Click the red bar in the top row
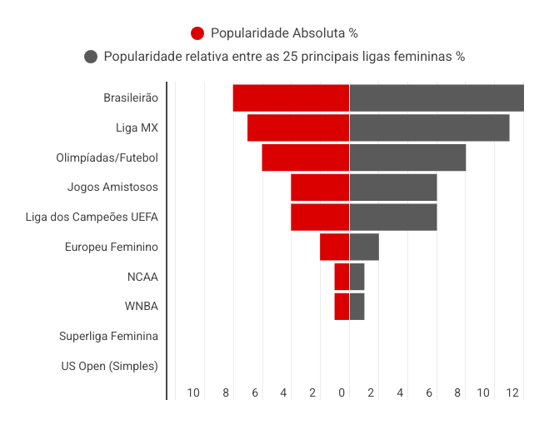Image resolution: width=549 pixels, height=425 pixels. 291,98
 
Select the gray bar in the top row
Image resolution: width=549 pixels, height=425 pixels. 449,98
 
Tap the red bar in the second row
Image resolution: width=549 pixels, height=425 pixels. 298,128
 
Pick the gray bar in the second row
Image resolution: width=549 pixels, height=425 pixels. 437,128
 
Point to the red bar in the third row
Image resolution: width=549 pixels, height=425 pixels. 305,158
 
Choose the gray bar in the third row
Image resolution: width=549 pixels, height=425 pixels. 422,158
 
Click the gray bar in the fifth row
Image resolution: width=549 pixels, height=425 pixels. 407,217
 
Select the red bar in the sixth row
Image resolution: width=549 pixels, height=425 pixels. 334,247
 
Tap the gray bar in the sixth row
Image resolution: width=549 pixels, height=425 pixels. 378,247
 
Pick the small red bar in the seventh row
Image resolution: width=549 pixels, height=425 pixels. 342,277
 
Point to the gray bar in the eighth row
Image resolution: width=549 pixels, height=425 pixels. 364,307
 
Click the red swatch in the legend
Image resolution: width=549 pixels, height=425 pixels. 200,34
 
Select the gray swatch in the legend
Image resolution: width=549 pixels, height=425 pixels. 94,57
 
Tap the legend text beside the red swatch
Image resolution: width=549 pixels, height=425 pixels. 283,34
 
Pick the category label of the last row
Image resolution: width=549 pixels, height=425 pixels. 117,365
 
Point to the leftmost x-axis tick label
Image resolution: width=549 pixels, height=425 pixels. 200,392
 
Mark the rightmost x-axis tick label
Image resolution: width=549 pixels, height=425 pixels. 517,392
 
